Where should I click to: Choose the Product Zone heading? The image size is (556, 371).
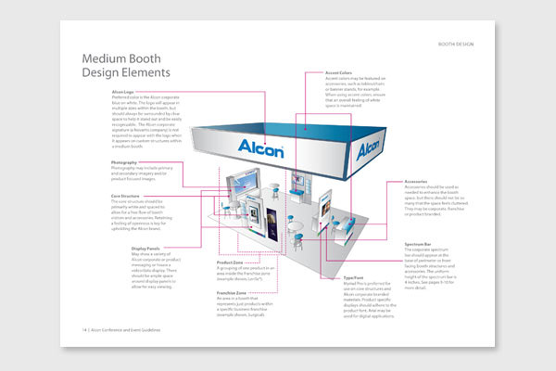[x=220, y=262]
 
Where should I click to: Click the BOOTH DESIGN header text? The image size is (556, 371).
[x=462, y=44]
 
